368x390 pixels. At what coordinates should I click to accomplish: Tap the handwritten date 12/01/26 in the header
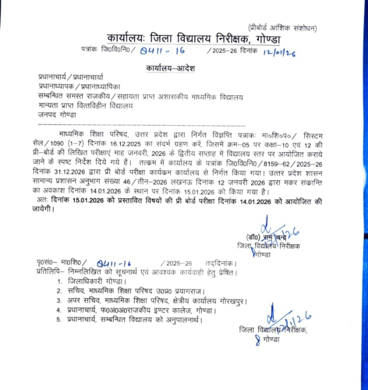[x=279, y=52]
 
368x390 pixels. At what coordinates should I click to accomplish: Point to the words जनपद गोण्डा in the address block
[x=57, y=115]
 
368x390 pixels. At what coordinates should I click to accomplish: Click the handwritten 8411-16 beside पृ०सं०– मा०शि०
[x=115, y=263]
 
